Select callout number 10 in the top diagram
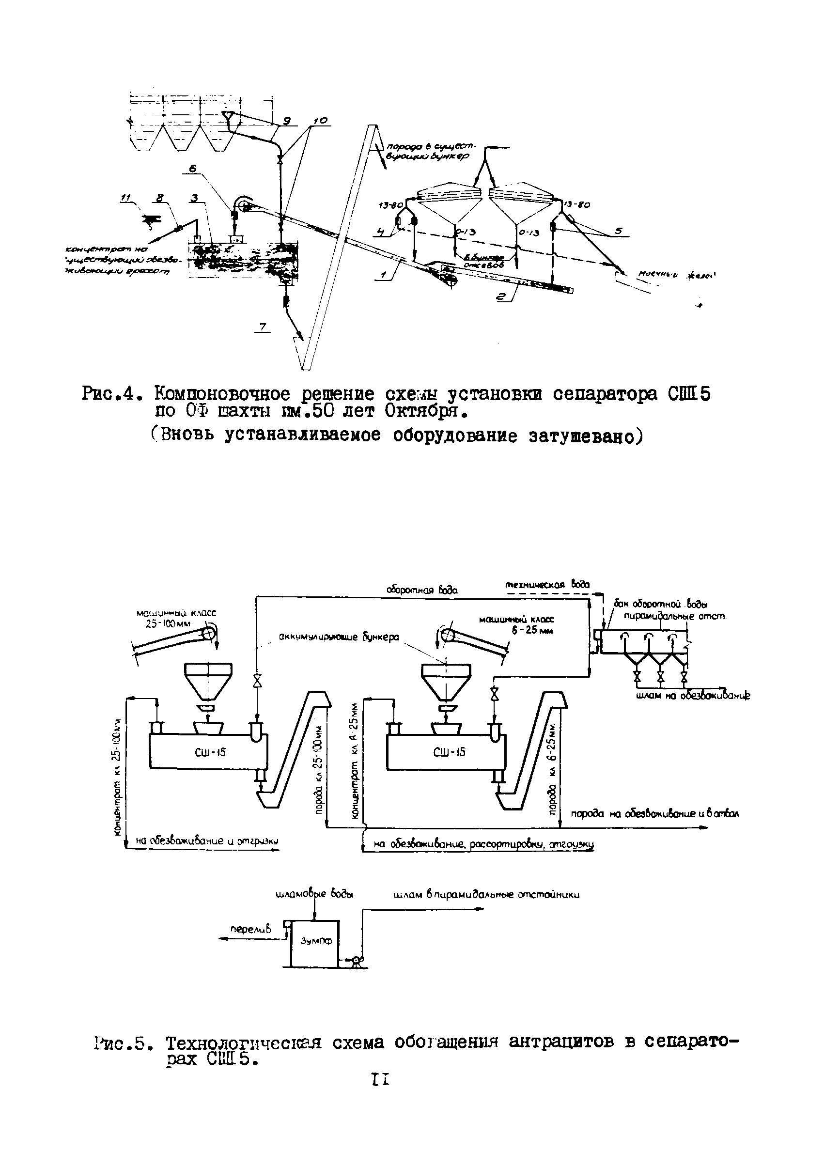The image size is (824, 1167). (x=321, y=121)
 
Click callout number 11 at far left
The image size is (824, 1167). (x=124, y=200)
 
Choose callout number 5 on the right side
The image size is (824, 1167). (x=619, y=230)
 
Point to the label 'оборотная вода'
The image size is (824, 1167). (x=422, y=590)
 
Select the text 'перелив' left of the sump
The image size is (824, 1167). (x=250, y=929)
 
